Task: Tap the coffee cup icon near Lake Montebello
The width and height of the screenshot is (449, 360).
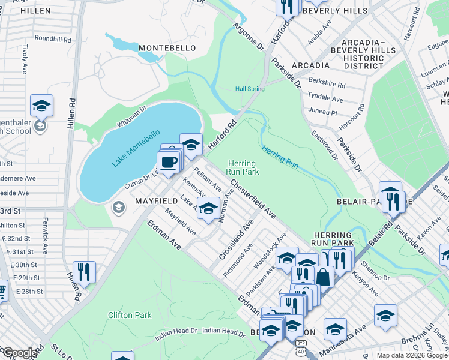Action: (167, 161)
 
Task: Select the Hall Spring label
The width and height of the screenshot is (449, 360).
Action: (250, 89)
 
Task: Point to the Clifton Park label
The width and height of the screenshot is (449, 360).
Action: (130, 314)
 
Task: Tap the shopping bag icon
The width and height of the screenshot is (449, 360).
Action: (323, 277)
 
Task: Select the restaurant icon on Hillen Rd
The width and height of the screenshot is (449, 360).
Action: (84, 272)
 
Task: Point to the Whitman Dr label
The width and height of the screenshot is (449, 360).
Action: (132, 116)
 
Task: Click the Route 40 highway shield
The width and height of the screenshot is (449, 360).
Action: (300, 351)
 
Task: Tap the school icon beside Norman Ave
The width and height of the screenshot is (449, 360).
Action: (208, 208)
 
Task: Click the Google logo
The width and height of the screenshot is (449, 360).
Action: (19, 353)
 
